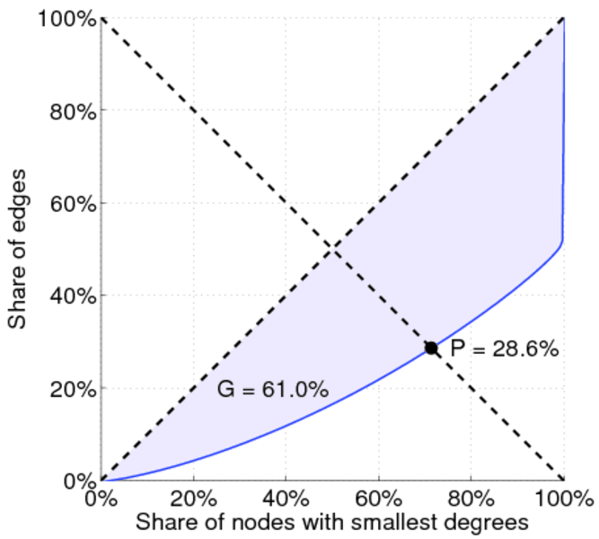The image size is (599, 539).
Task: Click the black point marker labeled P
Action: [x=431, y=348]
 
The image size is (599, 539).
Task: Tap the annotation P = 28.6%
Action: [x=505, y=349]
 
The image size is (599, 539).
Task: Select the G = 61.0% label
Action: [x=272, y=390]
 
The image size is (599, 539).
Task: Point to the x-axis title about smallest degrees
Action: [x=329, y=520]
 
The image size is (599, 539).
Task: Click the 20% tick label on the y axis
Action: [x=71, y=388]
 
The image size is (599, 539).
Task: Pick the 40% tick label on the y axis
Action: [x=71, y=296]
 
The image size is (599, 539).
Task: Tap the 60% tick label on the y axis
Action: [x=71, y=203]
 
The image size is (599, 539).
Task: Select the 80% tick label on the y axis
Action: [x=71, y=110]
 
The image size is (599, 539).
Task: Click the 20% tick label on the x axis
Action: [x=194, y=497]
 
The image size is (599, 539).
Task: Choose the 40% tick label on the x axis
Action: [x=286, y=497]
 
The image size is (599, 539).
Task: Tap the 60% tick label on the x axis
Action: [x=379, y=497]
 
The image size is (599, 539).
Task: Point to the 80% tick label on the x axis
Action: [x=471, y=497]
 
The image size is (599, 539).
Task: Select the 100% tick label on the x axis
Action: [x=563, y=497]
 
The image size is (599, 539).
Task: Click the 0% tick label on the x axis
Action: [x=101, y=497]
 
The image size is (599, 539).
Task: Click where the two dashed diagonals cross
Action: [x=332, y=249]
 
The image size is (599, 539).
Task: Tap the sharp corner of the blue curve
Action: [x=562, y=242]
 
